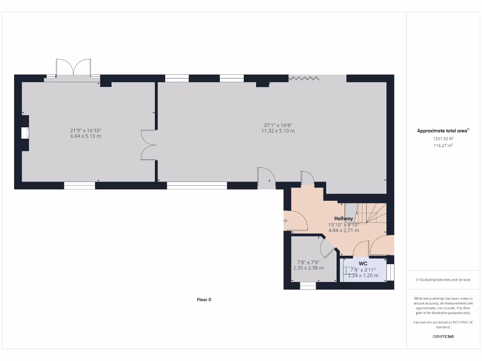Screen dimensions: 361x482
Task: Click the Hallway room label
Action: [344, 219]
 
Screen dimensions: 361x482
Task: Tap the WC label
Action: [363, 263]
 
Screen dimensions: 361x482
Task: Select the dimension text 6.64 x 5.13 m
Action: [86, 136]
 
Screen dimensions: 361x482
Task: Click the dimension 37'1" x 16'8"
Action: [278, 125]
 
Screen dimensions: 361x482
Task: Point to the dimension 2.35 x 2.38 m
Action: [308, 268]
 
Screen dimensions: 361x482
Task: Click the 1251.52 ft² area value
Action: [443, 139]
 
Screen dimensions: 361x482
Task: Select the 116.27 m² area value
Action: [443, 146]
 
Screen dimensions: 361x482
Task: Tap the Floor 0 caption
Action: [204, 299]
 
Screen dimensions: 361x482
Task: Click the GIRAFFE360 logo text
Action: [443, 337]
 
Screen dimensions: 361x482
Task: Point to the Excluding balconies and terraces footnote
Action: [443, 280]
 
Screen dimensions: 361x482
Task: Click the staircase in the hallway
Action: [367, 214]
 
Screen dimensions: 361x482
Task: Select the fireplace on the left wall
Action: [25, 133]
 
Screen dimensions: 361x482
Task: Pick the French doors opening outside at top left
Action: [73, 68]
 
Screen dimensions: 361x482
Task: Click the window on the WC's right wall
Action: [390, 272]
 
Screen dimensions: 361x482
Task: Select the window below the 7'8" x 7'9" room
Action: [308, 286]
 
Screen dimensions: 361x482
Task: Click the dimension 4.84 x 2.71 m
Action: [344, 231]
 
